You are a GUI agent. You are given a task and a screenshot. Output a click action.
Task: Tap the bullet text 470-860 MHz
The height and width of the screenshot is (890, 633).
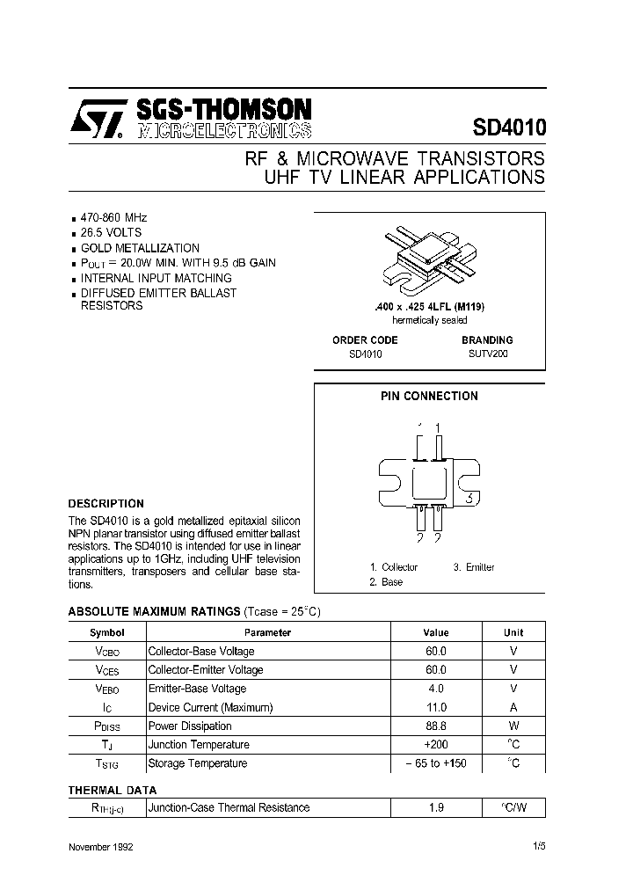tap(114, 217)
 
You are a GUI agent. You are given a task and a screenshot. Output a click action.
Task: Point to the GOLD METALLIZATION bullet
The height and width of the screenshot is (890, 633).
tap(140, 248)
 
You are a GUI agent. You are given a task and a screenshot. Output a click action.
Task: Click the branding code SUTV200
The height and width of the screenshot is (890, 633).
tap(487, 354)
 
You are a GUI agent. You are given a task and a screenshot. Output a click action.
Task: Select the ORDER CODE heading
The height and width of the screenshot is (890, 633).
tap(365, 339)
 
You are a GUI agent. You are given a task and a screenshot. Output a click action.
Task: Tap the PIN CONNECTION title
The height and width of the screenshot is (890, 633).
tap(429, 396)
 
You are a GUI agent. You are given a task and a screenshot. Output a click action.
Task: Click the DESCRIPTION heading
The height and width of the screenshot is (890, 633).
tap(106, 504)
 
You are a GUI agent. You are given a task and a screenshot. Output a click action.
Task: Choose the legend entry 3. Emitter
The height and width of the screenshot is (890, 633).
tap(474, 567)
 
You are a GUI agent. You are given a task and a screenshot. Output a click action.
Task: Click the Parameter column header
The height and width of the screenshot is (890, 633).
tap(267, 632)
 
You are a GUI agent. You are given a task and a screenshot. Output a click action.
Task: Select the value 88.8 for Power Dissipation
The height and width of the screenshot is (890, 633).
tap(436, 726)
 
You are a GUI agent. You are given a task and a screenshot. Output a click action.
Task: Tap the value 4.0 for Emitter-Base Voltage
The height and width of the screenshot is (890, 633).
tap(436, 689)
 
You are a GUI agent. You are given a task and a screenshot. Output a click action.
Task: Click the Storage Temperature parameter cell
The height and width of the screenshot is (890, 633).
tap(198, 763)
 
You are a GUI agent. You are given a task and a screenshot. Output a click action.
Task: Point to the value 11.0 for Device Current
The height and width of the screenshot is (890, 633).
tap(436, 707)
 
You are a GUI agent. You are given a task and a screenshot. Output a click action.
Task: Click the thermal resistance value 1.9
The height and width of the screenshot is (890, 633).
tap(436, 807)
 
